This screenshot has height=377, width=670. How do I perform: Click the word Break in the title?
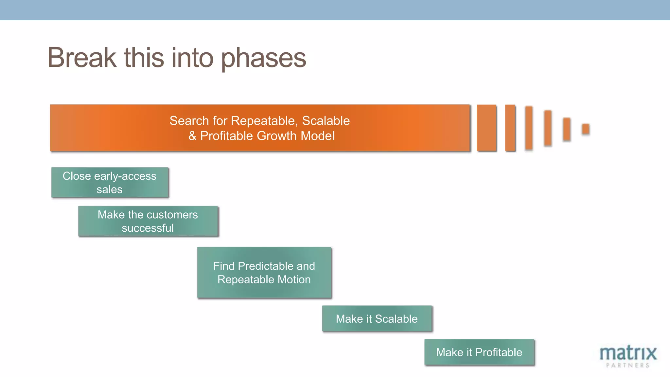[82, 58]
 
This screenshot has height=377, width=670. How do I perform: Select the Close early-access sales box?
[110, 183]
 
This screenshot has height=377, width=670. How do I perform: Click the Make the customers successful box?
[148, 221]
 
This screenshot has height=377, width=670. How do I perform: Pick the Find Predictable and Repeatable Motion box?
[264, 272]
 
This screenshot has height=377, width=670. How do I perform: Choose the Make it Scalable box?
[377, 319]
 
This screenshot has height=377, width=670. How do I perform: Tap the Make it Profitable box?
[479, 352]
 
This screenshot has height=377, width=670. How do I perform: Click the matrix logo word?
[628, 353]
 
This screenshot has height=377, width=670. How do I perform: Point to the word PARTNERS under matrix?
[627, 365]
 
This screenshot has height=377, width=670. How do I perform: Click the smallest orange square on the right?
[586, 129]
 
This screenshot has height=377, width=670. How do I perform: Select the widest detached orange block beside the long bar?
[486, 128]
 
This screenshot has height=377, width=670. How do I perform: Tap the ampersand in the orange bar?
[192, 136]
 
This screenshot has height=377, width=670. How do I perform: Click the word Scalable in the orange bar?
[326, 121]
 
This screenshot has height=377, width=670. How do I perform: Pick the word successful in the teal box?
[148, 228]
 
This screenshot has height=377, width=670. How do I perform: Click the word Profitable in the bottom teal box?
[499, 352]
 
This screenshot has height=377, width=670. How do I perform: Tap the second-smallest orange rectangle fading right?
[567, 129]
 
